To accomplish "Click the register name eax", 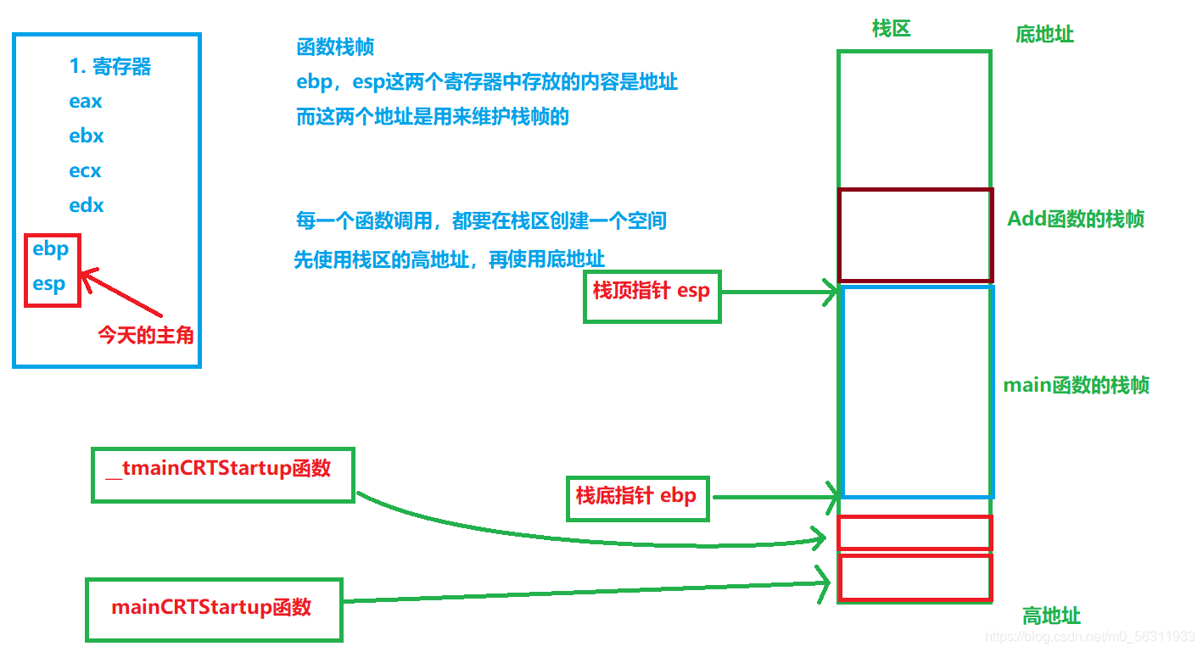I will click(86, 102).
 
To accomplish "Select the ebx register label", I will click(87, 137).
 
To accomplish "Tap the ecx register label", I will click(85, 171).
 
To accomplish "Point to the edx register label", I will click(87, 206).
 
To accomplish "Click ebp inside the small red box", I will click(50, 250).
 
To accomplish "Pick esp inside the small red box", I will click(49, 284).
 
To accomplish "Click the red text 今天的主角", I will click(146, 336).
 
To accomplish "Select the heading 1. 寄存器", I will click(110, 67).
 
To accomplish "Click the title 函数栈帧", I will click(335, 48).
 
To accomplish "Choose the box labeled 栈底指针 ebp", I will click(636, 496).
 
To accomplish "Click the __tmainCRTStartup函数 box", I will click(222, 476).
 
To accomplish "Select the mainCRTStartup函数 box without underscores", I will click(214, 609).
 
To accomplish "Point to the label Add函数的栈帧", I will click(1075, 220).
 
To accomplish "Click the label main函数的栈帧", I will click(1077, 386).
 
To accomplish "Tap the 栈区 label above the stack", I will click(891, 29).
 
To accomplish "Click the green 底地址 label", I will click(1044, 35).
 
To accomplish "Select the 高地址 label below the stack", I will click(1051, 616).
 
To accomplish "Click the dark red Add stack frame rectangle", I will click(915, 235).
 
